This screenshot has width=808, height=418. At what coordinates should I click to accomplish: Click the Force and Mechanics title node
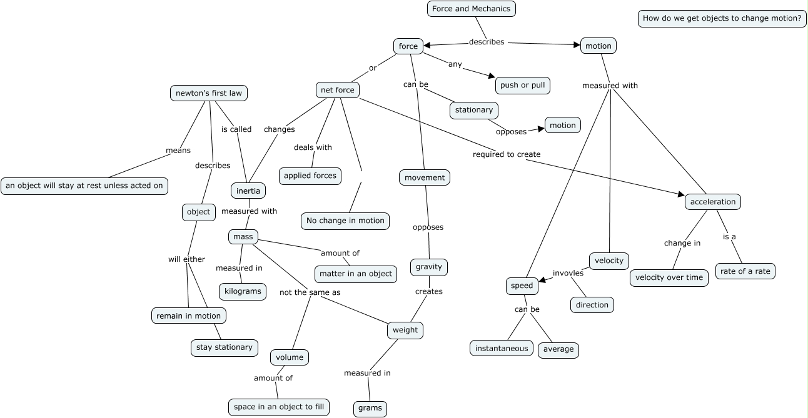471,9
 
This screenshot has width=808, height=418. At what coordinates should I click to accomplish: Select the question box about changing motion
722,18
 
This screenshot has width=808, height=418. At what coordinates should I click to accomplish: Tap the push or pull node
522,86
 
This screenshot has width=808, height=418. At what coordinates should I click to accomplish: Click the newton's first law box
208,93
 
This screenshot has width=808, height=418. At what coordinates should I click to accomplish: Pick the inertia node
248,191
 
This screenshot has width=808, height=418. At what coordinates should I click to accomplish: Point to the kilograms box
243,292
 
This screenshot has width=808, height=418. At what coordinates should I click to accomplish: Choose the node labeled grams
370,408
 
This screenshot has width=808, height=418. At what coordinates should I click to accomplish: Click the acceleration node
713,202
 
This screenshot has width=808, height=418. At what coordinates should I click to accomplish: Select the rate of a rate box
745,271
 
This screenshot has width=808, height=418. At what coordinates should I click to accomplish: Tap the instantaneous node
502,349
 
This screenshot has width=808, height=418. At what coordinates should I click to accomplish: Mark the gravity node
429,267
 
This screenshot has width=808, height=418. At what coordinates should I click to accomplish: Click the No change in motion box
345,221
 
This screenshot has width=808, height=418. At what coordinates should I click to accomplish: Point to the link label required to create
507,154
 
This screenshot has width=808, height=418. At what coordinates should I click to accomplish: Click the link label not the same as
310,292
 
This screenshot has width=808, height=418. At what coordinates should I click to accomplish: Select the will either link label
186,259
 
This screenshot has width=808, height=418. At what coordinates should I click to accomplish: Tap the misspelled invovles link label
568,273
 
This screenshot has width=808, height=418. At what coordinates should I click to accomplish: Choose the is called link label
236,129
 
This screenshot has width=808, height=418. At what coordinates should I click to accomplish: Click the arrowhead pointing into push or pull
492,76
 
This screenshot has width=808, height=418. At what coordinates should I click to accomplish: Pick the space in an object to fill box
279,407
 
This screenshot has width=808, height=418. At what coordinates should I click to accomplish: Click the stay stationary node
225,348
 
